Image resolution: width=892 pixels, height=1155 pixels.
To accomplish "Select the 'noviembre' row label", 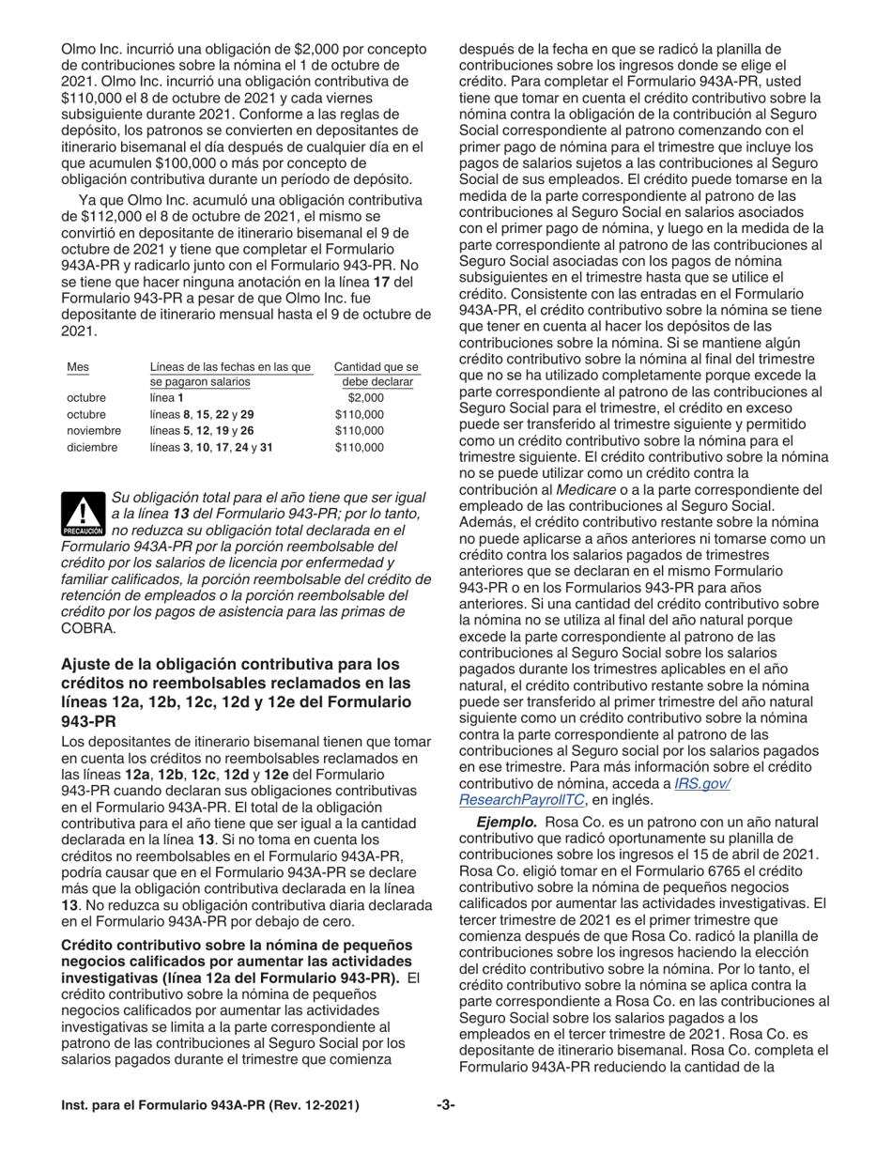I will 93,430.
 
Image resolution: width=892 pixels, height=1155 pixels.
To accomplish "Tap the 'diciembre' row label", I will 92,447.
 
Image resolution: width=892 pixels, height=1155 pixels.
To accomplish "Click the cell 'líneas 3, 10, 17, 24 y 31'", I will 211,447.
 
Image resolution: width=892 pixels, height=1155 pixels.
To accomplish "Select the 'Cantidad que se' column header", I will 376,366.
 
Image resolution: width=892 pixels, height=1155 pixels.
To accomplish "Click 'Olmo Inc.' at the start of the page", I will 91,49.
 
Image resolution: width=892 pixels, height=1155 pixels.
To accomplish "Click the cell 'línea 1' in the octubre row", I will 168,398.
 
